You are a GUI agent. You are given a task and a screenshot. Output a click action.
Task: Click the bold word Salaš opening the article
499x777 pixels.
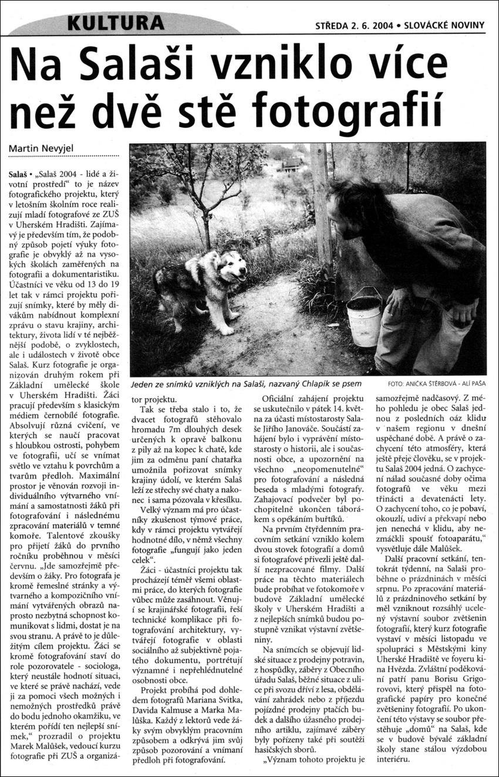(x=17, y=175)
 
